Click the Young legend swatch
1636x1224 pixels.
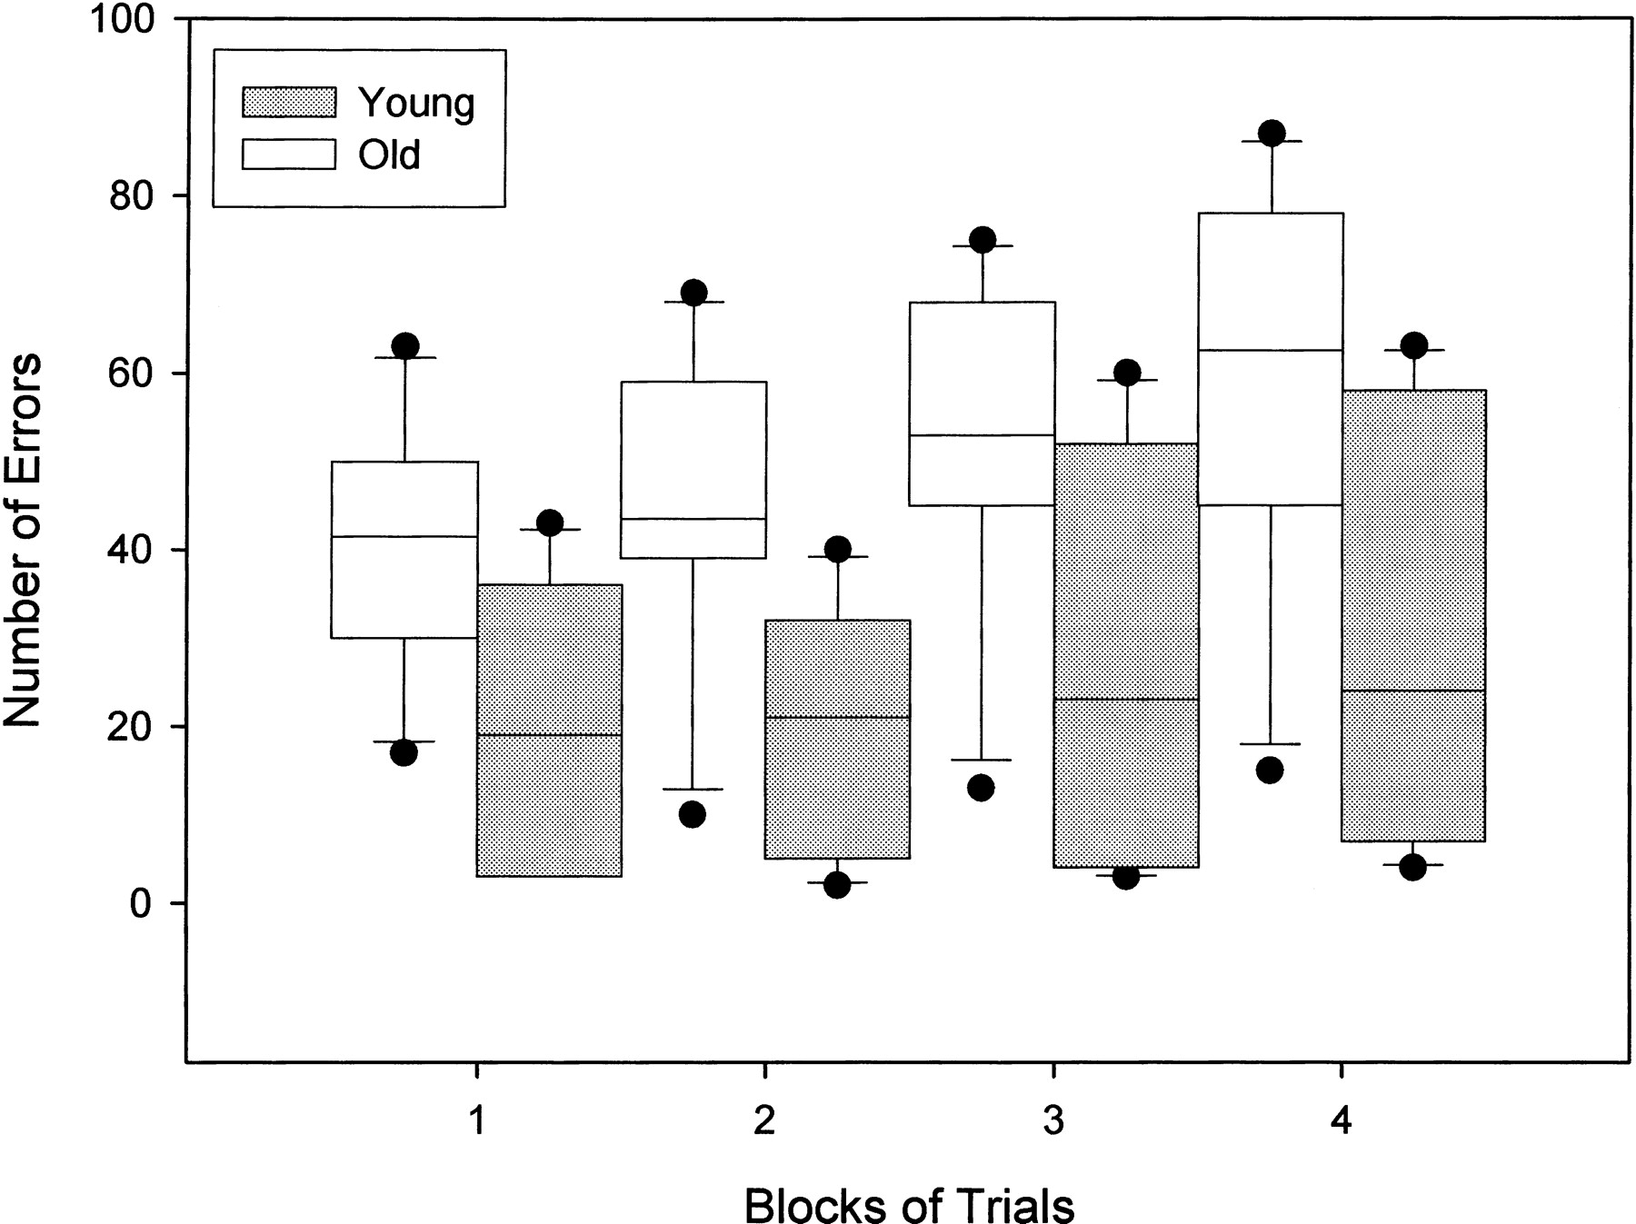click(288, 103)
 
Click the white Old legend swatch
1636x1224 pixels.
click(288, 154)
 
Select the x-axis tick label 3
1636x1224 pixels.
click(1052, 1121)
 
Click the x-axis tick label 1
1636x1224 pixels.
click(477, 1121)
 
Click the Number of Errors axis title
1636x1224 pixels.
click(23, 540)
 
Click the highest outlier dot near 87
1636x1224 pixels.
click(1272, 133)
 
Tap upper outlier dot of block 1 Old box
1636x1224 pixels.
click(404, 345)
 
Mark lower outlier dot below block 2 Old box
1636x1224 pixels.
click(693, 814)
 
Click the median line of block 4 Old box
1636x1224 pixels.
click(1271, 350)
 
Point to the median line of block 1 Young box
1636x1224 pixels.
click(549, 734)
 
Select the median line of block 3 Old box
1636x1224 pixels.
click(982, 435)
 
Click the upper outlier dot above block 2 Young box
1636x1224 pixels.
click(837, 549)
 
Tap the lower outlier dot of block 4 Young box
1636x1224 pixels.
click(1412, 868)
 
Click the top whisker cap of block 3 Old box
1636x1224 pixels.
click(982, 246)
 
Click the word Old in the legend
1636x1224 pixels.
click(389, 154)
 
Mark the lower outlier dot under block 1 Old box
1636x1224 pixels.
click(404, 752)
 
